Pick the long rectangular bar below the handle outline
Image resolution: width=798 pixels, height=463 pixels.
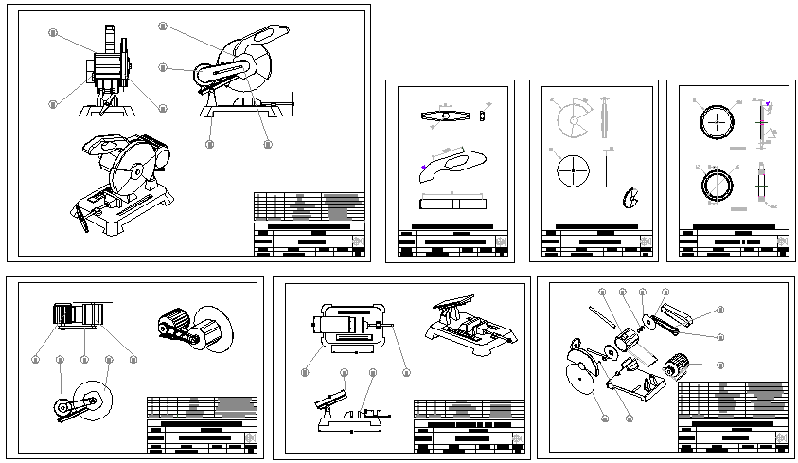(x=452, y=202)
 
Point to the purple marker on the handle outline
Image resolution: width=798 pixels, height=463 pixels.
(x=423, y=168)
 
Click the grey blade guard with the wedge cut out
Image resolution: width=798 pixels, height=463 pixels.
(x=574, y=120)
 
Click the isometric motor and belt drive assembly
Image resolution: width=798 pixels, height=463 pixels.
(x=189, y=327)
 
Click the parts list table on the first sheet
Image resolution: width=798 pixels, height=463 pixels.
(x=309, y=206)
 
